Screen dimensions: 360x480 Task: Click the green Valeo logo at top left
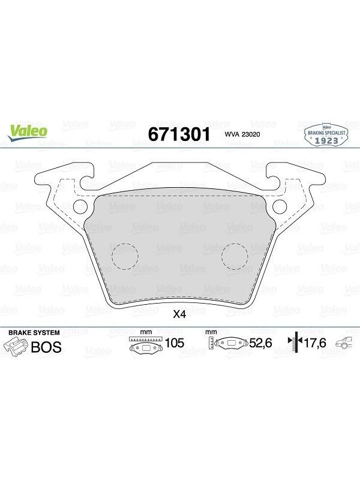28,133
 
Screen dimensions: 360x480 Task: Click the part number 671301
179,134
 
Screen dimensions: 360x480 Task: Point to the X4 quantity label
179,314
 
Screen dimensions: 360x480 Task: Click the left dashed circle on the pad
125,257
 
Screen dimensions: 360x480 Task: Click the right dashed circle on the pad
235,257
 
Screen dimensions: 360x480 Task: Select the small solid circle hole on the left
81,206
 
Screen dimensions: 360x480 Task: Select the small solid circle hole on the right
280,206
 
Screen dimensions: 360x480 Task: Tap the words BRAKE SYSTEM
34,332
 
